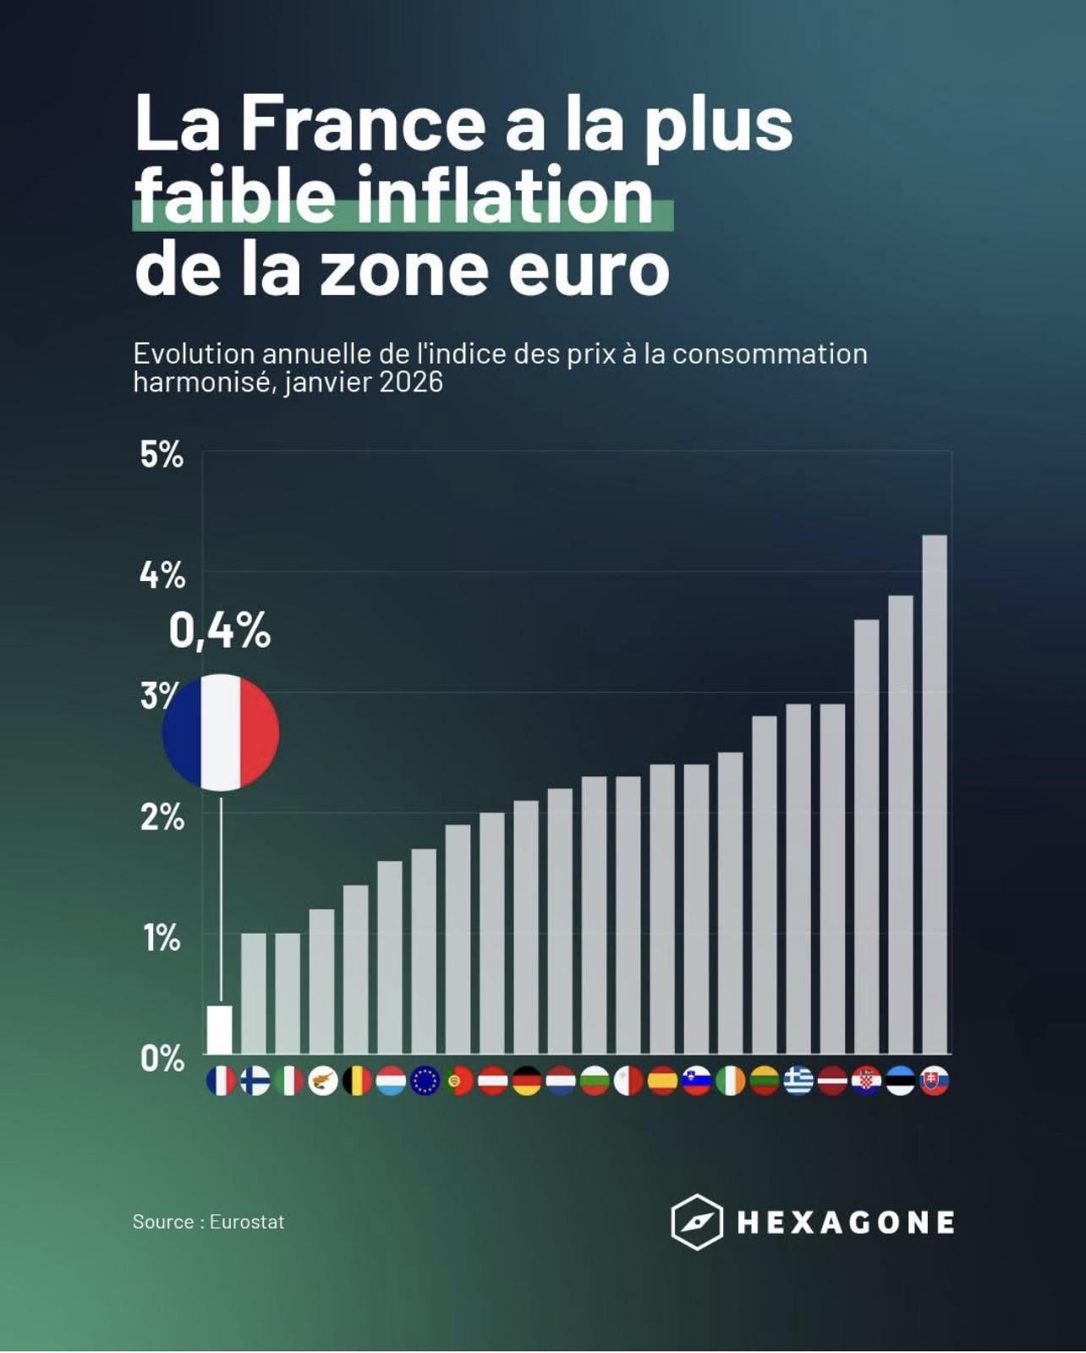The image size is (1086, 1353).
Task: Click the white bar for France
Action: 220,1029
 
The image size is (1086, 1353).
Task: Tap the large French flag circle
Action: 221,732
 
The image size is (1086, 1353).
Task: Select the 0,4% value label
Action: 220,631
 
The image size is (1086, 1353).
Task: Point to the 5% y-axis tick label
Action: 162,455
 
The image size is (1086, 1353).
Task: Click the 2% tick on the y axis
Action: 162,818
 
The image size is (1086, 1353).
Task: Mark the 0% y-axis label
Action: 162,1059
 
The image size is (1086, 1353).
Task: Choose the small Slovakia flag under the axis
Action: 934,1081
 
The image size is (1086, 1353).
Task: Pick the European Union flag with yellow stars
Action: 425,1081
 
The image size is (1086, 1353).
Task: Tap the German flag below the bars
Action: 526,1081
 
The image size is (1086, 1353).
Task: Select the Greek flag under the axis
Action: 798,1081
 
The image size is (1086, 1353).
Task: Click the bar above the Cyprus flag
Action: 322,981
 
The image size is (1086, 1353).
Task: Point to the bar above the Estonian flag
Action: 900,824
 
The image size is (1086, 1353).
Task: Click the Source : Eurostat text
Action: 208,1222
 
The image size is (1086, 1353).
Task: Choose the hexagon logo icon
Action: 697,1222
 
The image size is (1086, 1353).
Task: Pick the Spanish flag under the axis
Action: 662,1081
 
